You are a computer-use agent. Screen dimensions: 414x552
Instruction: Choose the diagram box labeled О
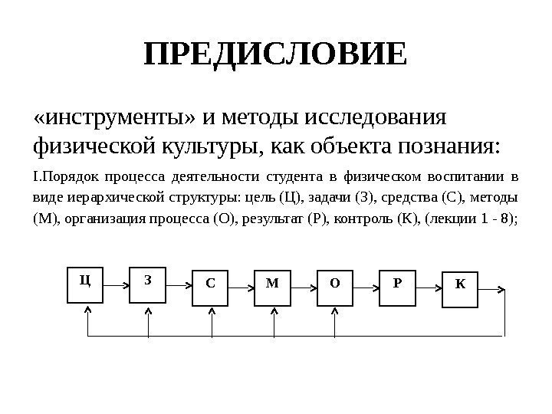coord(335,286)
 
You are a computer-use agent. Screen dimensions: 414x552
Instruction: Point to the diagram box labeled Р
coord(397,286)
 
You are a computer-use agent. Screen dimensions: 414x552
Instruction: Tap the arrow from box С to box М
coord(242,285)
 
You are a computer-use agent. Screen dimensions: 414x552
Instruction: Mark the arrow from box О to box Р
coord(366,285)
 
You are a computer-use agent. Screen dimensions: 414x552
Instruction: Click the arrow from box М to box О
coord(304,285)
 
